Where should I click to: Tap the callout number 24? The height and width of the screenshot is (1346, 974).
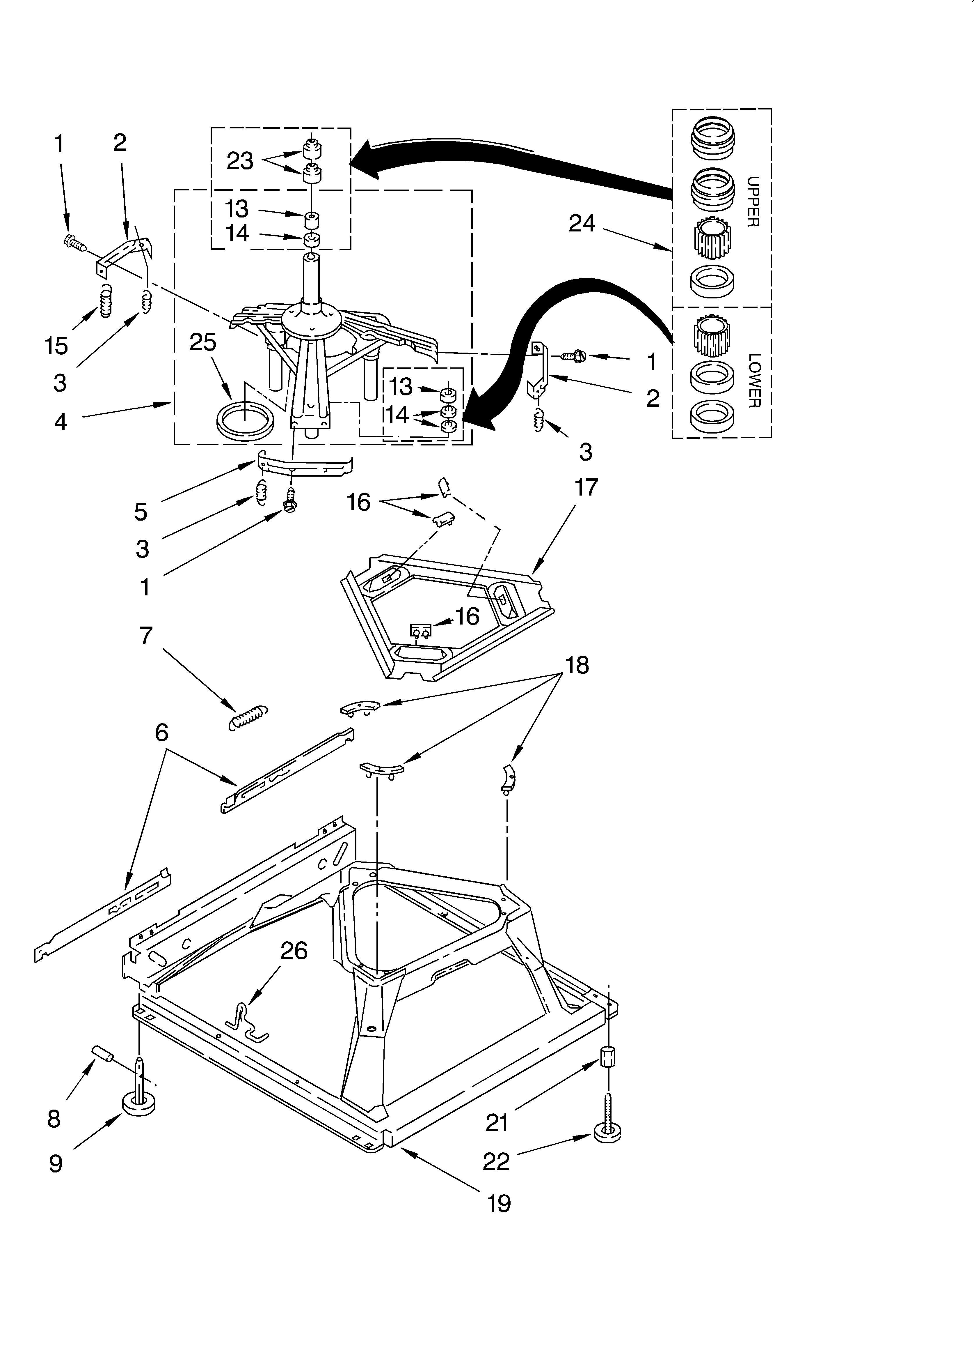point(581,224)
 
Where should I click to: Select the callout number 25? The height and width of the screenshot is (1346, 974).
point(203,342)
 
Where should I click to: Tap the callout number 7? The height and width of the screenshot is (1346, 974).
point(146,636)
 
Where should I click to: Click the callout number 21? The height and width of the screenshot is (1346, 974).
point(497,1122)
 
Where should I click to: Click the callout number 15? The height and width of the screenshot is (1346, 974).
point(56,345)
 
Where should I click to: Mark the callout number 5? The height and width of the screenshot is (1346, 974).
point(141,511)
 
